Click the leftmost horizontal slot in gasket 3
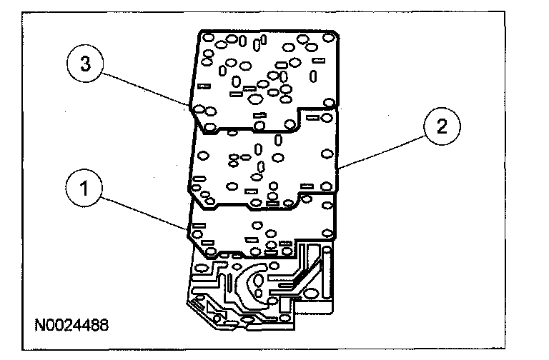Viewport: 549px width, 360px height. [204, 86]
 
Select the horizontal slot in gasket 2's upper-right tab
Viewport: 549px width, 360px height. [313, 114]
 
